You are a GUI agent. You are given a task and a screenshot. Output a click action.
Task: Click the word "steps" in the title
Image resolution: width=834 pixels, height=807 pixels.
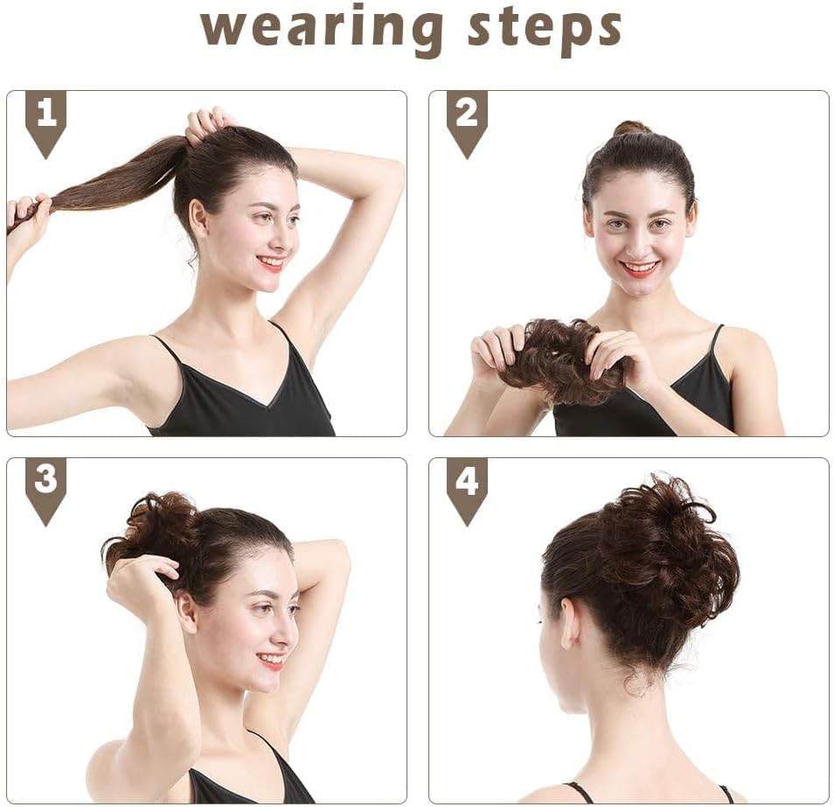click(x=544, y=29)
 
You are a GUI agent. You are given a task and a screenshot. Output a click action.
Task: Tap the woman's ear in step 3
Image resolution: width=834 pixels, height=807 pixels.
click(x=185, y=612)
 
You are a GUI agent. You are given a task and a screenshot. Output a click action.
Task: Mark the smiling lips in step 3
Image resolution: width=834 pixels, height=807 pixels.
click(x=272, y=660)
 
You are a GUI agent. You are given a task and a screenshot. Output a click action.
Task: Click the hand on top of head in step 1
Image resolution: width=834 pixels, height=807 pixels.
click(x=207, y=122)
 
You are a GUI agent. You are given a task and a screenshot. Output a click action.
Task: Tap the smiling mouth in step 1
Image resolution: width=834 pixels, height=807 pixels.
click(x=272, y=262)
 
